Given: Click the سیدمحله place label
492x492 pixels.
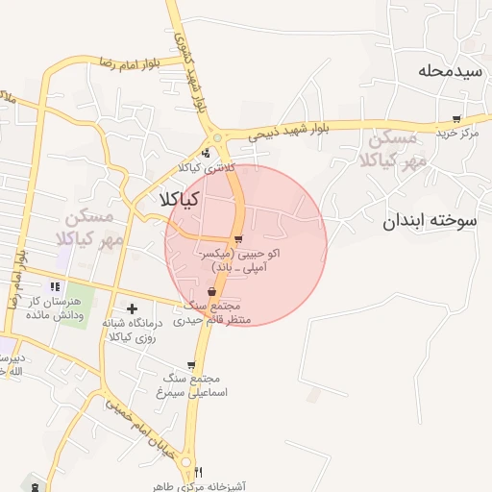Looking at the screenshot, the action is (447, 71).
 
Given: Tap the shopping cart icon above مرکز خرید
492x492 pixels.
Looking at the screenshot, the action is (456, 119).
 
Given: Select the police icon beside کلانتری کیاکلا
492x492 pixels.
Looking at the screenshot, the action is (206, 154).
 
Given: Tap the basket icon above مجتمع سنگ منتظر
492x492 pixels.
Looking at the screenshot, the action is (211, 292).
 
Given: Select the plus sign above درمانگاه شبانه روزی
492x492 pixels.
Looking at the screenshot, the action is (131, 308).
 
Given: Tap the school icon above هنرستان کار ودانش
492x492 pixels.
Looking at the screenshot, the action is (56, 286).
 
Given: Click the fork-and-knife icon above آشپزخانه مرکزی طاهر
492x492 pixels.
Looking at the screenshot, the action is (198, 472).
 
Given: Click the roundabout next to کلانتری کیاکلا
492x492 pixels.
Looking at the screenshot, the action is (219, 138).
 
